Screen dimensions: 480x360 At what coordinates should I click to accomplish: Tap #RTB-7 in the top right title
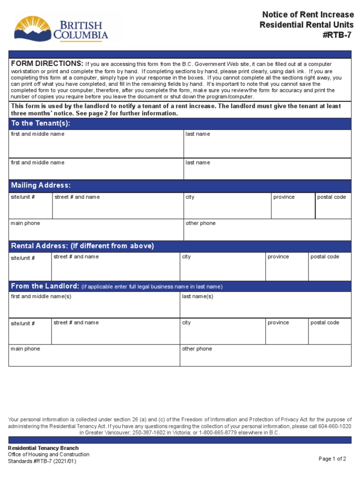[x=337, y=34]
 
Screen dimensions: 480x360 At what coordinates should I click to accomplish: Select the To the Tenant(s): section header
[x=41, y=124]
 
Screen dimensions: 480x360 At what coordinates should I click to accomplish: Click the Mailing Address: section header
[x=41, y=186]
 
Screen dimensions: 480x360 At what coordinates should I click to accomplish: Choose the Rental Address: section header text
[x=82, y=246]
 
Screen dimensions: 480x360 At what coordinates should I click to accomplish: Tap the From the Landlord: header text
[x=45, y=286]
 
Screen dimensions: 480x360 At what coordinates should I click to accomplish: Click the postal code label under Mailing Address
[x=331, y=197]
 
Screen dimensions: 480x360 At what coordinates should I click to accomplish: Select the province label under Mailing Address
[x=284, y=197]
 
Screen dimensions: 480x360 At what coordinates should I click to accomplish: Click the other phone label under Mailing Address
[x=201, y=224]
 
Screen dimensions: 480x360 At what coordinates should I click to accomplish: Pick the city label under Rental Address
[x=187, y=257]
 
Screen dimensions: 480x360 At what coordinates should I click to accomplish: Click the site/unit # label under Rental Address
[x=23, y=258]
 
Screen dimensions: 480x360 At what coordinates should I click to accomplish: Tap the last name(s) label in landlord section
[x=197, y=297]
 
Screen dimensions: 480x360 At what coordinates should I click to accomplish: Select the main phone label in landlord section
[x=25, y=349]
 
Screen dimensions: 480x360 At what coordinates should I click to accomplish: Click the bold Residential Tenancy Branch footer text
[x=43, y=448]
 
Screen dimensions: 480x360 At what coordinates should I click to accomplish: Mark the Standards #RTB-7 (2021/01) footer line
[x=42, y=461]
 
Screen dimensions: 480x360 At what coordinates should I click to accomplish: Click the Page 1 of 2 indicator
[x=332, y=459]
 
